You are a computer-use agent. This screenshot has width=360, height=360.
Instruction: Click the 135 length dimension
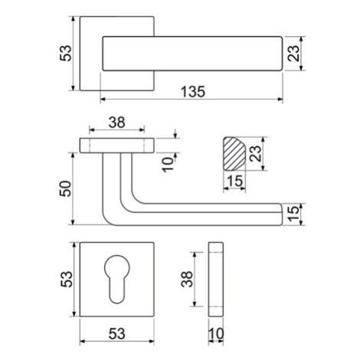click(x=193, y=91)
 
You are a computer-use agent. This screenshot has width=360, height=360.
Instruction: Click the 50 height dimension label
click(x=65, y=188)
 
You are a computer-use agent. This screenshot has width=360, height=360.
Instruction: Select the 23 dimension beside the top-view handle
click(x=293, y=53)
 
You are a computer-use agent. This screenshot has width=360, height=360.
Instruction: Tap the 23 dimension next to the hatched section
click(x=256, y=153)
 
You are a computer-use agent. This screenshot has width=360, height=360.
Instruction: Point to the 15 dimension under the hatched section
click(x=235, y=181)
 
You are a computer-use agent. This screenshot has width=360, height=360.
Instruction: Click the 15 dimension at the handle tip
click(x=293, y=214)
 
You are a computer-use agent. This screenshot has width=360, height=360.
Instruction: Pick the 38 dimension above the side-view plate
click(x=116, y=123)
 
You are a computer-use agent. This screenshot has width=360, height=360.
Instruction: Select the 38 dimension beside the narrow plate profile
click(x=187, y=279)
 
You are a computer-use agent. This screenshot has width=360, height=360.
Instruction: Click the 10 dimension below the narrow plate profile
click(x=216, y=334)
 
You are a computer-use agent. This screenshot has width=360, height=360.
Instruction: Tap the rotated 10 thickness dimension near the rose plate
click(x=168, y=165)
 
